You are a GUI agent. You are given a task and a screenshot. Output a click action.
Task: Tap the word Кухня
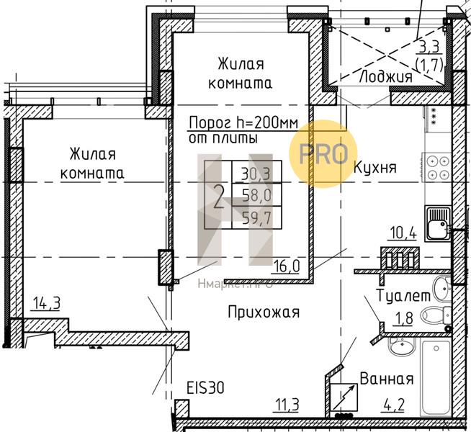tap(375, 167)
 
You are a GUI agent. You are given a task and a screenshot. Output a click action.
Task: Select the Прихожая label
tap(262, 312)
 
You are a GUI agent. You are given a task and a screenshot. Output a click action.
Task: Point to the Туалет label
tap(403, 295)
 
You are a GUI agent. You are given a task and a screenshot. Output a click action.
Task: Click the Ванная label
tap(386, 379)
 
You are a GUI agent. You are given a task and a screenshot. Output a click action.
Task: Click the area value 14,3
tap(45, 303)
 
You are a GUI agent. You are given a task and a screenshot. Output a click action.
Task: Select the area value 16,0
tap(287, 266)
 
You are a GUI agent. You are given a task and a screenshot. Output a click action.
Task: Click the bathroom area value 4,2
tap(398, 405)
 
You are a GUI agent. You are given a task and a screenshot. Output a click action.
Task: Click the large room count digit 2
tap(219, 195)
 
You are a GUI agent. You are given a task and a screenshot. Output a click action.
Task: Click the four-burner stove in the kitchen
tap(436, 167)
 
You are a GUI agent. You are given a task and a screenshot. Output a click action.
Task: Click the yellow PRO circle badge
tap(323, 153)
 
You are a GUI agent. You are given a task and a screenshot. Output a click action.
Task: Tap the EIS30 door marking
tap(205, 387)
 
